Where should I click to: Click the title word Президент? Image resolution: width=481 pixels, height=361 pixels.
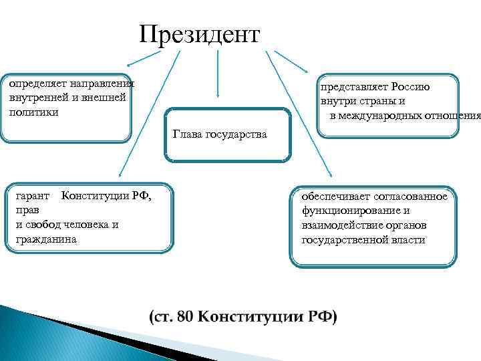pos(199,35)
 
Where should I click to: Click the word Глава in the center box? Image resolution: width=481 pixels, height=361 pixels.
pos(185,134)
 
